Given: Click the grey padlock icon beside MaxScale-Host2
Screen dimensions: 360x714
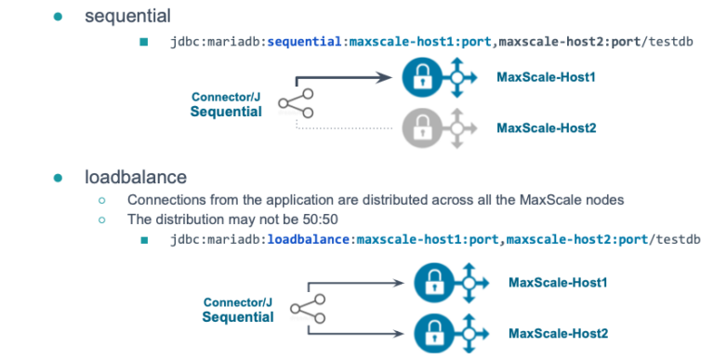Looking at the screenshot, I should pyautogui.click(x=419, y=127).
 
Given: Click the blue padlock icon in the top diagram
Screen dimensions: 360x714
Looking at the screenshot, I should pyautogui.click(x=419, y=77).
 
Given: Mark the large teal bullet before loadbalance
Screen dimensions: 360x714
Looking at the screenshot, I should pyautogui.click(x=59, y=176).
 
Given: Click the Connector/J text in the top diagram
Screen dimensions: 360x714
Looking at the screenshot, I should pyautogui.click(x=226, y=96).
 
